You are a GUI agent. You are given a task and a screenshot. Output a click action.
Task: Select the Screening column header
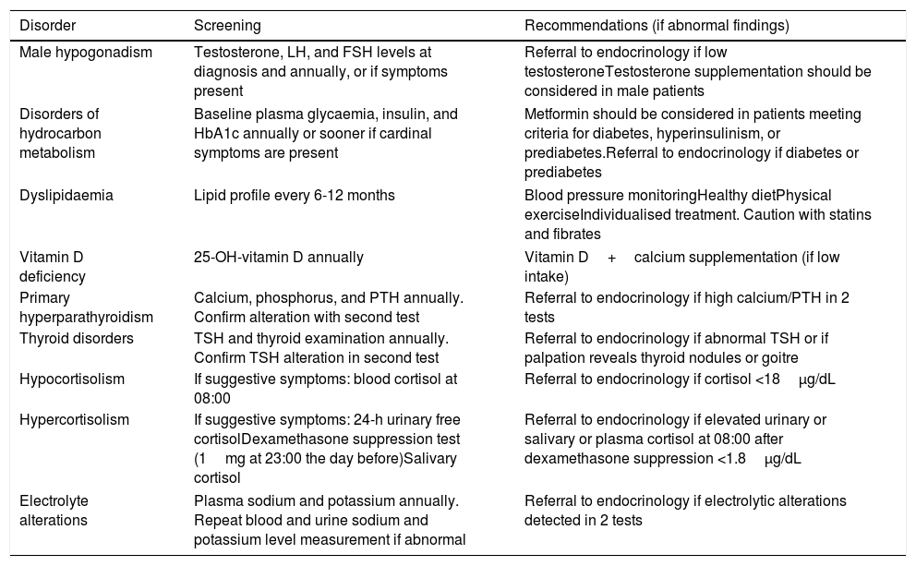click(227, 25)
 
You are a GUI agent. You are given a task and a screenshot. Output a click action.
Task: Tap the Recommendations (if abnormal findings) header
click(657, 25)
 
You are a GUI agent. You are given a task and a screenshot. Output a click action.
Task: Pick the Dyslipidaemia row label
click(62, 196)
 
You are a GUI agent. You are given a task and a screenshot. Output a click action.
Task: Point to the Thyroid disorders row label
click(76, 338)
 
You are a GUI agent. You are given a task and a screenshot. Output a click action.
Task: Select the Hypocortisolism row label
click(70, 379)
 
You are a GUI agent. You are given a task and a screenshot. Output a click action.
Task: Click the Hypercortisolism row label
click(74, 419)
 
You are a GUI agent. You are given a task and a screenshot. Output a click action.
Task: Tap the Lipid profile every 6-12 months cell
click(295, 196)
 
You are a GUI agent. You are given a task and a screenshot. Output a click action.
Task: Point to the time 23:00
click(271, 459)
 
